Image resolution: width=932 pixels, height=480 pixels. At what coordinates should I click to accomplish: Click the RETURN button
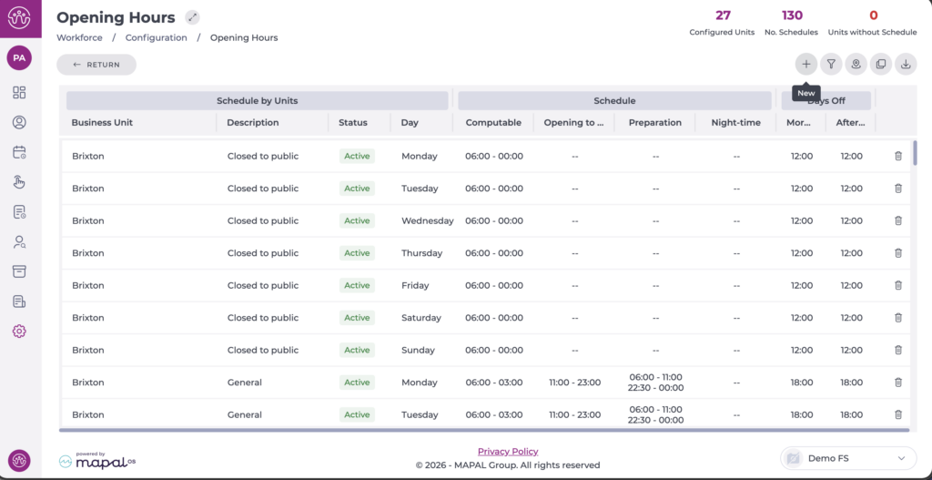point(96,65)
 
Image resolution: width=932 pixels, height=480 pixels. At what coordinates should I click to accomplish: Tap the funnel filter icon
point(831,65)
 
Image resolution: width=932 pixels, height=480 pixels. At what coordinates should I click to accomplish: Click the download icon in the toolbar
point(906,65)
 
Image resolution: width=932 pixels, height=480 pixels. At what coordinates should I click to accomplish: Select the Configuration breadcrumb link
point(157,37)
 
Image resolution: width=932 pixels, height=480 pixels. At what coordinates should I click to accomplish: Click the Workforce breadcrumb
point(80,37)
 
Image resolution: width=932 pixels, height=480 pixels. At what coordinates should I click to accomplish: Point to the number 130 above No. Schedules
point(792,15)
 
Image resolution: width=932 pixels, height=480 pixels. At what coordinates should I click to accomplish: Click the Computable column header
point(493,123)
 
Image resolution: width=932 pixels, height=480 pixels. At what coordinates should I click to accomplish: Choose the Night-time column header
point(735,123)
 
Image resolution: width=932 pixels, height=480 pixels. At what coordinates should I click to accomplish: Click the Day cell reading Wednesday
point(428,220)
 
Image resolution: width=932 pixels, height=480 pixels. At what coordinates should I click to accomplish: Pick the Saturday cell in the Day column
point(421,318)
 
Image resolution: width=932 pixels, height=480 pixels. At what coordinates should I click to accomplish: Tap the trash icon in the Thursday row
point(898,253)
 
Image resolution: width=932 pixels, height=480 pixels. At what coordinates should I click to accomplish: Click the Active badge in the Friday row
point(357,285)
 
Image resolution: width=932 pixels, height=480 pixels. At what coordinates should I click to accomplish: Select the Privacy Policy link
point(508,452)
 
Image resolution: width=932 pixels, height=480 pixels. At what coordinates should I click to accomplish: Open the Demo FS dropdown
point(848,458)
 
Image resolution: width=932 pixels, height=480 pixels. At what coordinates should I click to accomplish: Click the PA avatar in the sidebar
point(19,58)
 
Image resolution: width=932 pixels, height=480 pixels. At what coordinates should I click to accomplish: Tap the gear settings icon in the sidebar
point(19,332)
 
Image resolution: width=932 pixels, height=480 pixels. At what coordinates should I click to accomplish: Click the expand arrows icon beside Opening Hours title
point(192,17)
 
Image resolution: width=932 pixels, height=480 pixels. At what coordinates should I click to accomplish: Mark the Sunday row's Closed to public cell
point(263,350)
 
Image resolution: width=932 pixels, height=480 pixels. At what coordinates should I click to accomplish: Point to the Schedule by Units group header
point(258,100)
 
